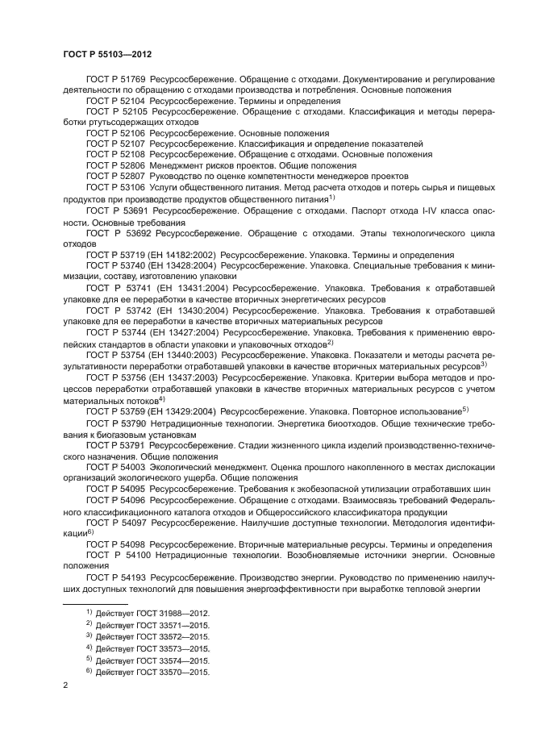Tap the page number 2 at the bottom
coord(65,685)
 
